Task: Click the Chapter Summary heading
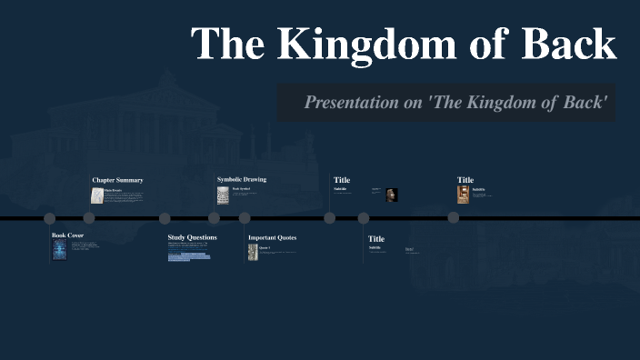(x=117, y=180)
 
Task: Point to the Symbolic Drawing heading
(x=242, y=180)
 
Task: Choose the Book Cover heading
(x=67, y=235)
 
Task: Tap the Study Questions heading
(x=192, y=237)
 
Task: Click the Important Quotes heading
(x=272, y=238)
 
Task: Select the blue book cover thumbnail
(x=60, y=251)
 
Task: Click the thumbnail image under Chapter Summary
(x=96, y=195)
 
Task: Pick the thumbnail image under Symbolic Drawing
(x=223, y=195)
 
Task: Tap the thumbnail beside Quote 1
(x=253, y=251)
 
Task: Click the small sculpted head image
(x=391, y=194)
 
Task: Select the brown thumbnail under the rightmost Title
(x=463, y=195)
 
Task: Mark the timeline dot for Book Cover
(x=50, y=218)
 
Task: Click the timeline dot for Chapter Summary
(x=89, y=218)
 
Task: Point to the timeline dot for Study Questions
(x=165, y=218)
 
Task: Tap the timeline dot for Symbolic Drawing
(x=214, y=218)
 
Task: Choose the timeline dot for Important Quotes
(x=245, y=218)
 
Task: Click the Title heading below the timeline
(x=376, y=239)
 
